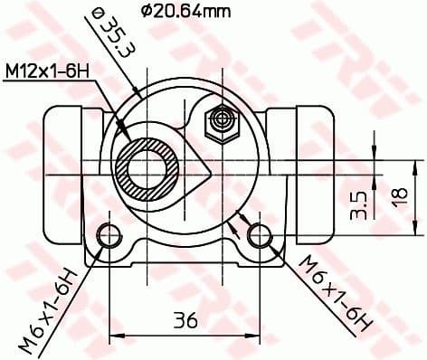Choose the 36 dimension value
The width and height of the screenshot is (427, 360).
pyautogui.click(x=185, y=320)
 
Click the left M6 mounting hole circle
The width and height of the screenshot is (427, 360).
pyautogui.click(x=109, y=235)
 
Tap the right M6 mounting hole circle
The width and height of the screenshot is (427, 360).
pyautogui.click(x=261, y=235)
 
